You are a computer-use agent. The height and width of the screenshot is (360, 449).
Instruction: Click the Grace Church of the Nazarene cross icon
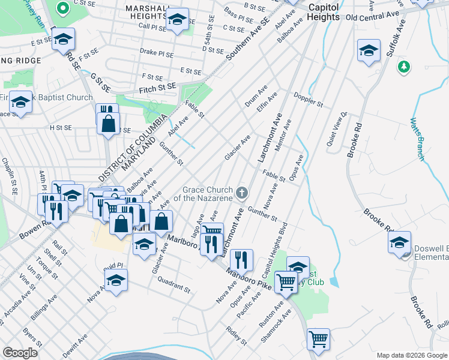click(242, 193)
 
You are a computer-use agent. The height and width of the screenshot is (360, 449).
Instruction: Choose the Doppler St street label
click(309, 100)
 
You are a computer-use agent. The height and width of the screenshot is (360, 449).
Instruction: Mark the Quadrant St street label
click(174, 286)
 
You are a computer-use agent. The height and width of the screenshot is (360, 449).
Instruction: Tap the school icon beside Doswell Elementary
click(399, 243)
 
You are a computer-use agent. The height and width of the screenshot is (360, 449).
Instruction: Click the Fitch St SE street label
click(155, 86)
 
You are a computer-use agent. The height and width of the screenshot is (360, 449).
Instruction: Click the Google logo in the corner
click(20, 352)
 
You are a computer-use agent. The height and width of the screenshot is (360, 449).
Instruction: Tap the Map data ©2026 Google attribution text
click(411, 355)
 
